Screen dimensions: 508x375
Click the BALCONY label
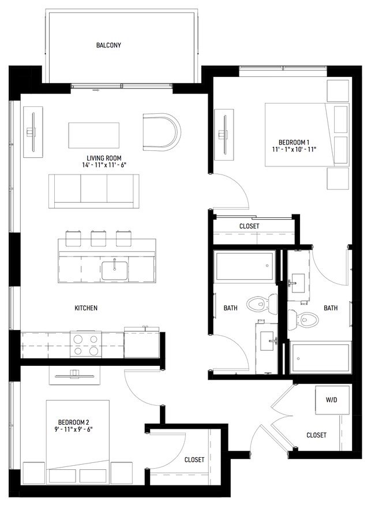click(108, 45)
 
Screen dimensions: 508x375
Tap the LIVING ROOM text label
click(104, 158)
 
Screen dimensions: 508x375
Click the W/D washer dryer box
click(332, 399)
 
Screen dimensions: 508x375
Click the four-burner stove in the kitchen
click(85, 344)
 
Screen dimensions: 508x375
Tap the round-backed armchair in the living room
click(162, 132)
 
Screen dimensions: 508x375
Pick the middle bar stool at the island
click(99, 238)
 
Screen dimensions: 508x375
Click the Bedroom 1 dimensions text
click(295, 150)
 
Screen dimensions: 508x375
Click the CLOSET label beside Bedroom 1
click(249, 226)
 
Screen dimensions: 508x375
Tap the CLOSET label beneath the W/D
click(316, 435)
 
